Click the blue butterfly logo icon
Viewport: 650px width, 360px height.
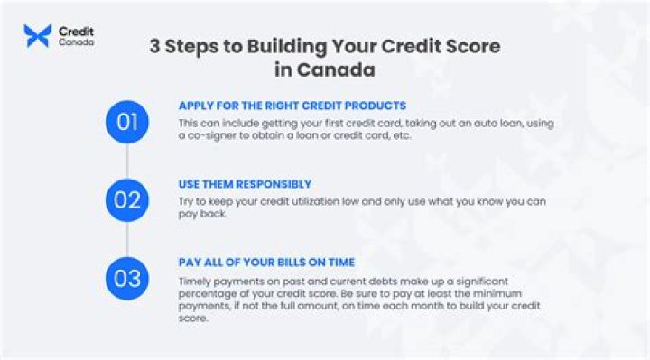[x=37, y=36]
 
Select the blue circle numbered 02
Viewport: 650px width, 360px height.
[x=127, y=199]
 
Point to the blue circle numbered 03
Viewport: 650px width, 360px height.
[x=127, y=277]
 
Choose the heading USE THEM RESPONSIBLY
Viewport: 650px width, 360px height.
[x=245, y=184]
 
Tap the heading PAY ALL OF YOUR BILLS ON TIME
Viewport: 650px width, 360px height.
[x=266, y=263]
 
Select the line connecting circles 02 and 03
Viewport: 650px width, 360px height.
[x=127, y=238]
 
